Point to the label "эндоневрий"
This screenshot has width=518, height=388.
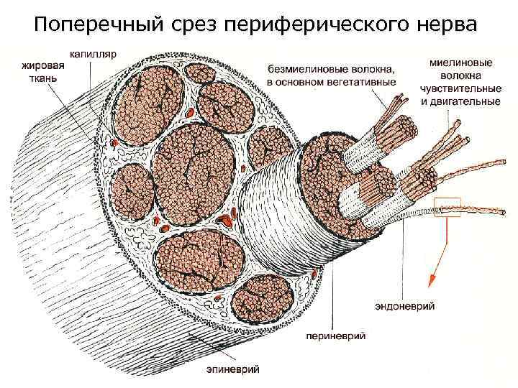[x=404, y=306]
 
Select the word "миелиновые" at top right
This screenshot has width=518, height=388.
[x=460, y=63]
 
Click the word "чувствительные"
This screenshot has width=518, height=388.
[x=460, y=88]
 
